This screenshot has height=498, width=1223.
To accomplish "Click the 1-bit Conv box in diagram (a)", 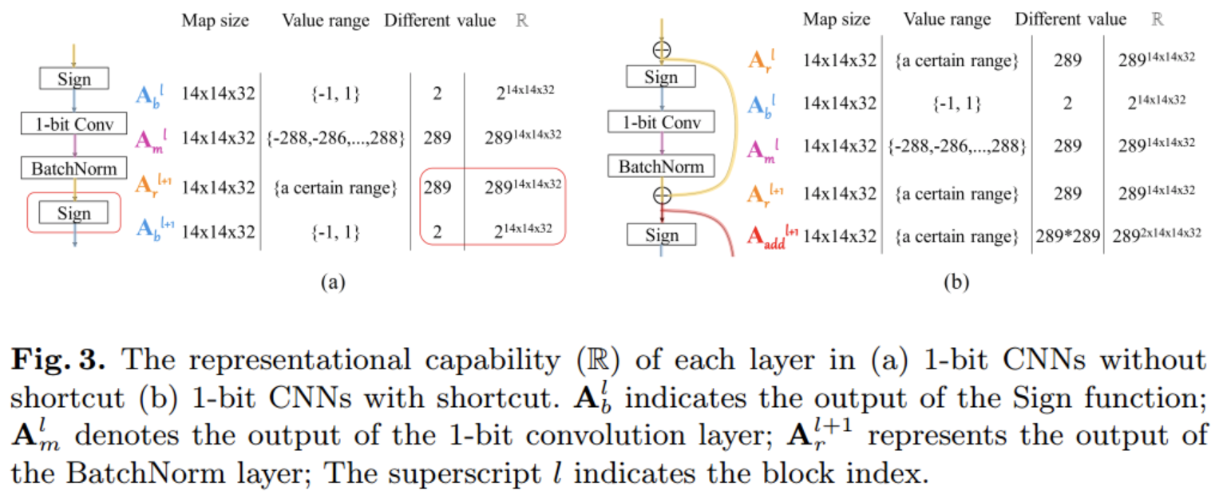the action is click(73, 124).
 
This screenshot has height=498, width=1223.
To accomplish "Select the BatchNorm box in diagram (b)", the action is click(661, 166).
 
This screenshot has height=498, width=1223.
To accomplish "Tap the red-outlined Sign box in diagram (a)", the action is click(73, 214).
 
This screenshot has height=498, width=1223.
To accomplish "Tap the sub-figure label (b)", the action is click(952, 282).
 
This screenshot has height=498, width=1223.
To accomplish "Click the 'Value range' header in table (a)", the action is click(325, 22).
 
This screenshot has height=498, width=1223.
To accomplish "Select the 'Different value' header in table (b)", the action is click(1071, 20).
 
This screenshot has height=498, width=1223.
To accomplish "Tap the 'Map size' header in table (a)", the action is click(216, 22).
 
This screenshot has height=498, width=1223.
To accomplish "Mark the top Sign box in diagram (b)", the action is click(661, 77).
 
